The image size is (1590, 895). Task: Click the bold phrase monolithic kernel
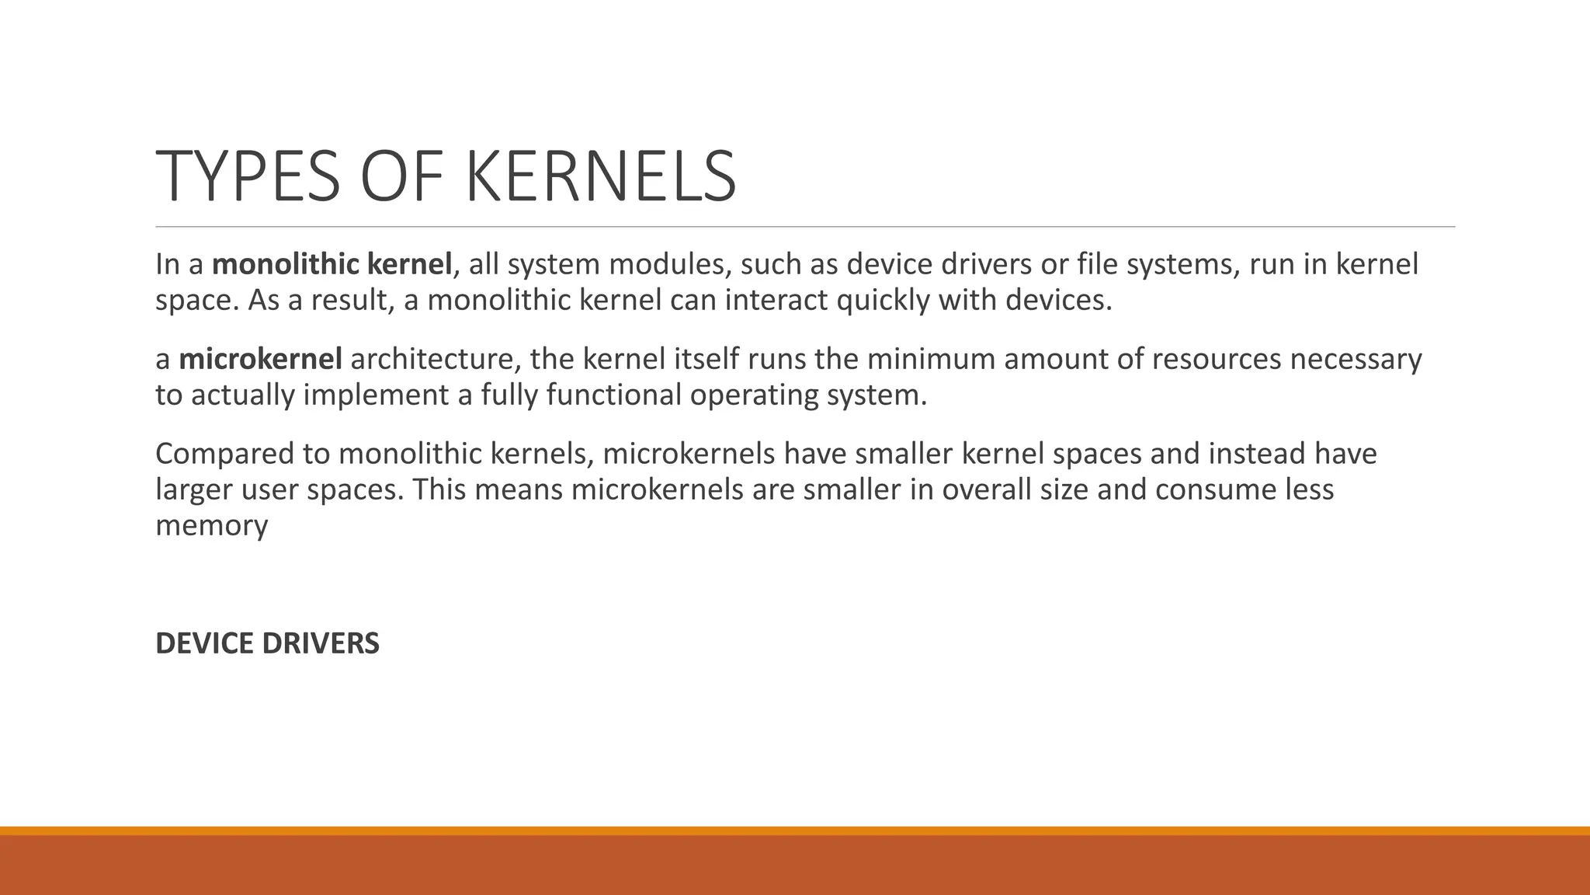[x=332, y=264]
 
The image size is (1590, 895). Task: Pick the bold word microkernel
[x=260, y=359]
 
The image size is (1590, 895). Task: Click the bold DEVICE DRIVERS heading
[x=267, y=643]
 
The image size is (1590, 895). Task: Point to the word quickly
[x=883, y=300]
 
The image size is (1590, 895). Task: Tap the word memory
[x=211, y=525]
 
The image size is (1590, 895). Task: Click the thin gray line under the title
[x=805, y=227]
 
